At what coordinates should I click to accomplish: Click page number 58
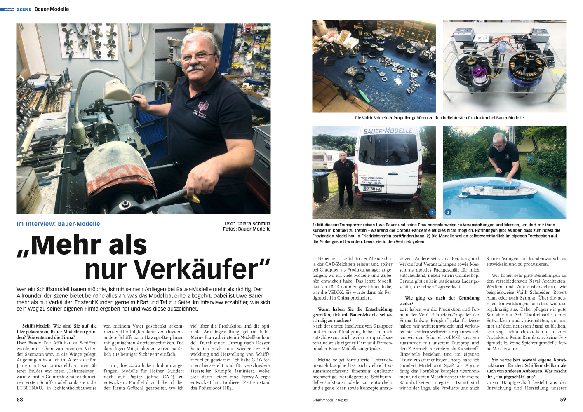[x=20, y=399]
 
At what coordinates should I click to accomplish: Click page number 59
[x=563, y=399]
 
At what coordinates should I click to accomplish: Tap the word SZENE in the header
[x=24, y=9]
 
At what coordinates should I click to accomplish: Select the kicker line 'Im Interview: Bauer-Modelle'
[x=58, y=224]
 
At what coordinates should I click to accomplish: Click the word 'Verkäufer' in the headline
[x=177, y=269]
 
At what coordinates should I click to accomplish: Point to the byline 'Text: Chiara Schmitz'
[x=247, y=223]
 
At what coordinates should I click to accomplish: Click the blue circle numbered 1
[x=432, y=212]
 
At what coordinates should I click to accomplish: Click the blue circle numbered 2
[x=448, y=212]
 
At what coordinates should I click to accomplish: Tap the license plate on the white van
[x=373, y=189]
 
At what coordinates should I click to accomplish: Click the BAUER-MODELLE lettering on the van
[x=388, y=131]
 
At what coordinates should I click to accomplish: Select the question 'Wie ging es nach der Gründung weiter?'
[x=439, y=300]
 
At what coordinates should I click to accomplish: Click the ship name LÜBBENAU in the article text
[x=30, y=388]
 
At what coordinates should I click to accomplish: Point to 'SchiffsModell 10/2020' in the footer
[x=330, y=400]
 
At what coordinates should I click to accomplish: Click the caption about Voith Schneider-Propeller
[x=439, y=118]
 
